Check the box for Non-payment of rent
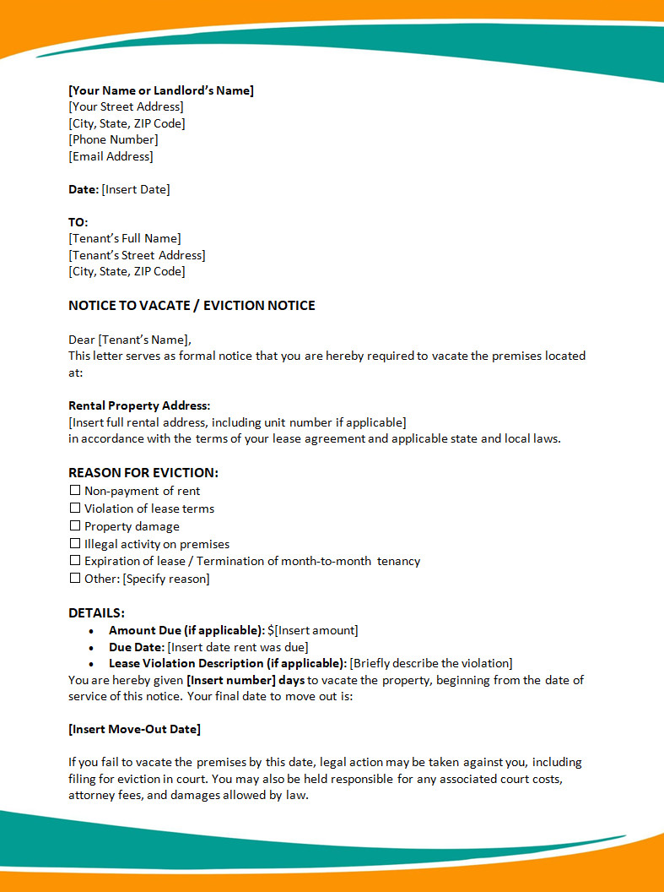tap(75, 491)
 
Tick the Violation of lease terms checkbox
tap(75, 509)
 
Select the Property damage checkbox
tap(75, 526)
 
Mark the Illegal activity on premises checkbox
tap(75, 544)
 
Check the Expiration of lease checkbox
tap(75, 561)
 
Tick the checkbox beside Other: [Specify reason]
tap(75, 579)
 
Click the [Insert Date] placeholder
tap(136, 189)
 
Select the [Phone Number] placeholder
tap(113, 139)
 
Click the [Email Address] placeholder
tap(111, 156)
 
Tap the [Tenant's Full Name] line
tap(125, 238)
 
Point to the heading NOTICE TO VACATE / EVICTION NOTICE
tap(192, 306)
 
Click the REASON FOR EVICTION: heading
tap(143, 473)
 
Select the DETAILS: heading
tap(96, 613)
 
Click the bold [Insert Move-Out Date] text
tap(134, 729)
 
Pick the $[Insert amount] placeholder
tap(313, 630)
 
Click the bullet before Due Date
tap(92, 647)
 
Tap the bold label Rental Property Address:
tap(139, 405)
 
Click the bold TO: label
tap(78, 222)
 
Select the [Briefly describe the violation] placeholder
tap(431, 663)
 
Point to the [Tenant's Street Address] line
tap(137, 255)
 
